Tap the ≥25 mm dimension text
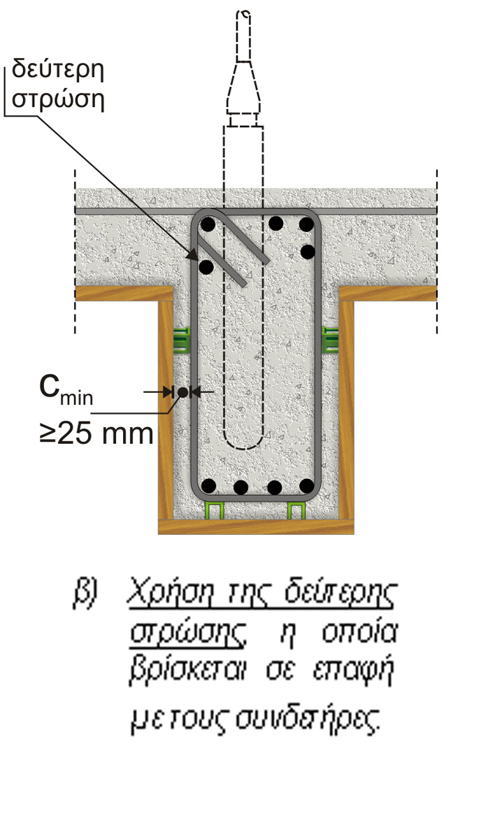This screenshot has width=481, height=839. tap(95, 433)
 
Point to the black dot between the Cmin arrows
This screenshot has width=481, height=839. tap(182, 392)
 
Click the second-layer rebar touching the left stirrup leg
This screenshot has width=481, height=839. tap(206, 266)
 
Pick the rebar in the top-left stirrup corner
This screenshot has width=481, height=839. tap(208, 224)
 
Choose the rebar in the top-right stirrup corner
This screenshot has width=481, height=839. tap(306, 224)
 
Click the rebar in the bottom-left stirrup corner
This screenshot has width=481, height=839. tap(208, 485)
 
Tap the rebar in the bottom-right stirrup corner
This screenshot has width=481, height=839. tap(306, 485)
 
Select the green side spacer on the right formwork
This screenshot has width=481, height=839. tap(330, 339)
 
